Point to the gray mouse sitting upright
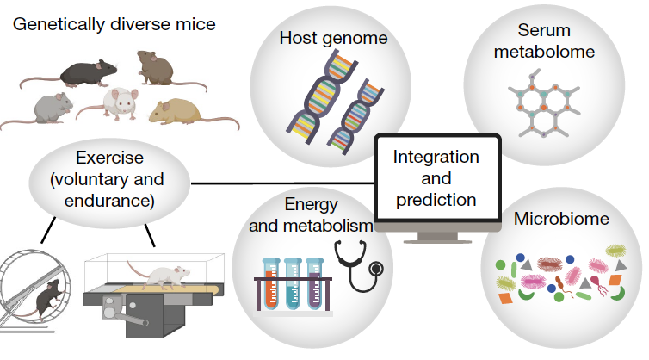pos(50,109)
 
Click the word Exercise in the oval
pos(109,158)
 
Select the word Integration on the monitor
pos(436,158)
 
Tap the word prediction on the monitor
pos(436,200)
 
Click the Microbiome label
pos(561,219)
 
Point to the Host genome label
pos(334,38)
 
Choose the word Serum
pos(544,30)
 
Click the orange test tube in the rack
pos(271,285)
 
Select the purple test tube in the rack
pos(314,285)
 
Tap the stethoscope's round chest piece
pos(376,269)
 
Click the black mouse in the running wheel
pos(49,297)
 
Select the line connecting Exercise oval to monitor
pos(282,183)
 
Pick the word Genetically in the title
pos(59,24)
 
